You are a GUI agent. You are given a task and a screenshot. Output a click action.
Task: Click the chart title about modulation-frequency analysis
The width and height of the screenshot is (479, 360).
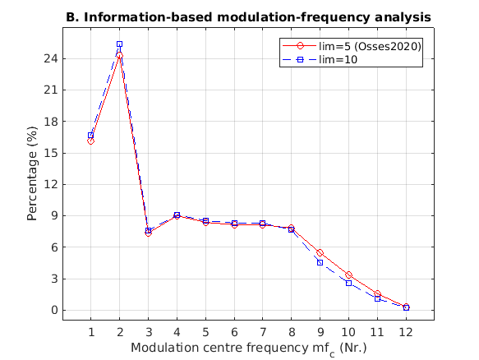pos(247,16)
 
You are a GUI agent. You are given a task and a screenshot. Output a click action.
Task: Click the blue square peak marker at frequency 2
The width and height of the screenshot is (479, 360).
pos(119,44)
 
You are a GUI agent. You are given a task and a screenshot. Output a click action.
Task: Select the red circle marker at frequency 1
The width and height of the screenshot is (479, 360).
pos(90,141)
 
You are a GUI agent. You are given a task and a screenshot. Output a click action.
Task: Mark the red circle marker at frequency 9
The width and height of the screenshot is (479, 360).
pos(320,253)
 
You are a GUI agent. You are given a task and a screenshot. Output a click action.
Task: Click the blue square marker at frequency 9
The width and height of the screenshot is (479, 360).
pos(320,262)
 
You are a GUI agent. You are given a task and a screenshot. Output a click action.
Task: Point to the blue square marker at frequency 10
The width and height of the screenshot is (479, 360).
pos(348,283)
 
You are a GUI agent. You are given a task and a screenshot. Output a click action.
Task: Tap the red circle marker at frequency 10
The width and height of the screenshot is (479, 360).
pos(348,275)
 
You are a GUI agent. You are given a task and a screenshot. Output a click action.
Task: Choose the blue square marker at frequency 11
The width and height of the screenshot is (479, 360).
pos(377,298)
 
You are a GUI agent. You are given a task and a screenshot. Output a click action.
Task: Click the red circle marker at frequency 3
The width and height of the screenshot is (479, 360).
pos(148,233)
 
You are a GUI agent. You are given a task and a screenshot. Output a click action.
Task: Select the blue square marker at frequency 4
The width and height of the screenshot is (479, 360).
pos(177,215)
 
